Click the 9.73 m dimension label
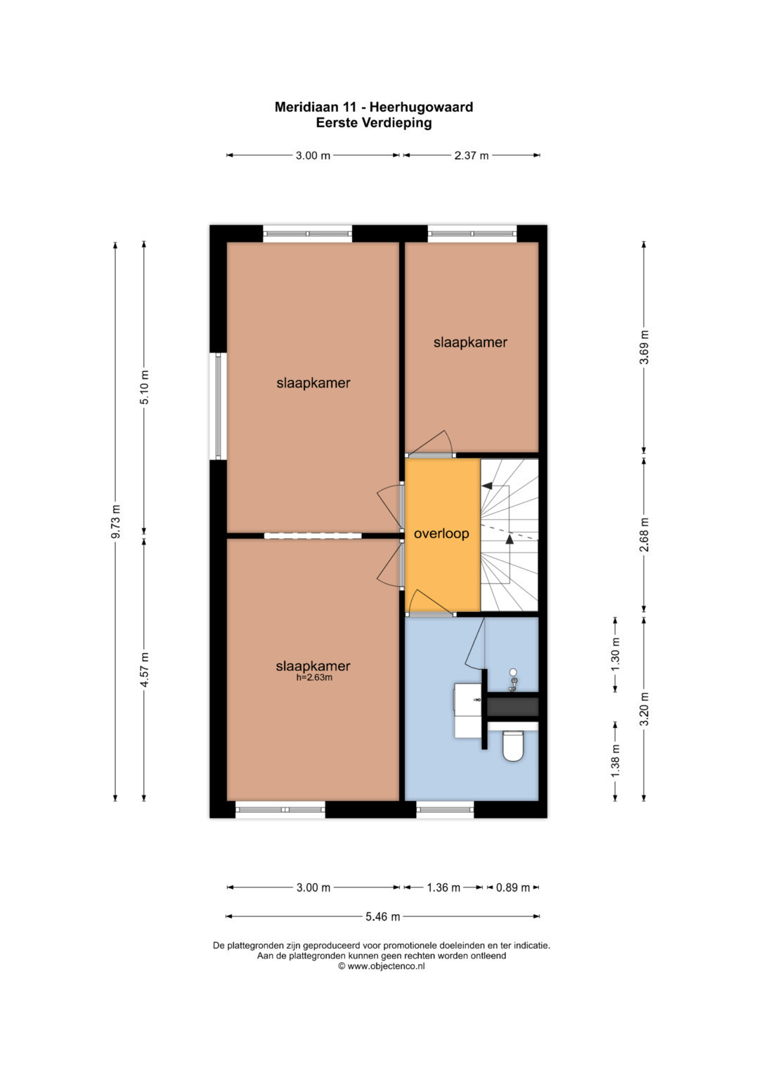tap(115, 521)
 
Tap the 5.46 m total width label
tap(382, 916)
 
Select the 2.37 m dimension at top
tap(472, 155)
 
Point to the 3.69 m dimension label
tap(644, 347)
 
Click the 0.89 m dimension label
tap(513, 887)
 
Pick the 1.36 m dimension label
tap(443, 887)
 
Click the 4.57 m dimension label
tap(144, 669)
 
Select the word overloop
tap(441, 533)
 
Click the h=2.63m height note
tap(314, 677)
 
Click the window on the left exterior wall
tap(219, 406)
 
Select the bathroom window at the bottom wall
tap(445, 809)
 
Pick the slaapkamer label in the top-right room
tap(470, 342)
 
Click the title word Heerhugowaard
tap(421, 107)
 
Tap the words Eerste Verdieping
tap(374, 123)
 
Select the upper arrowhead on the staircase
tap(487, 486)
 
